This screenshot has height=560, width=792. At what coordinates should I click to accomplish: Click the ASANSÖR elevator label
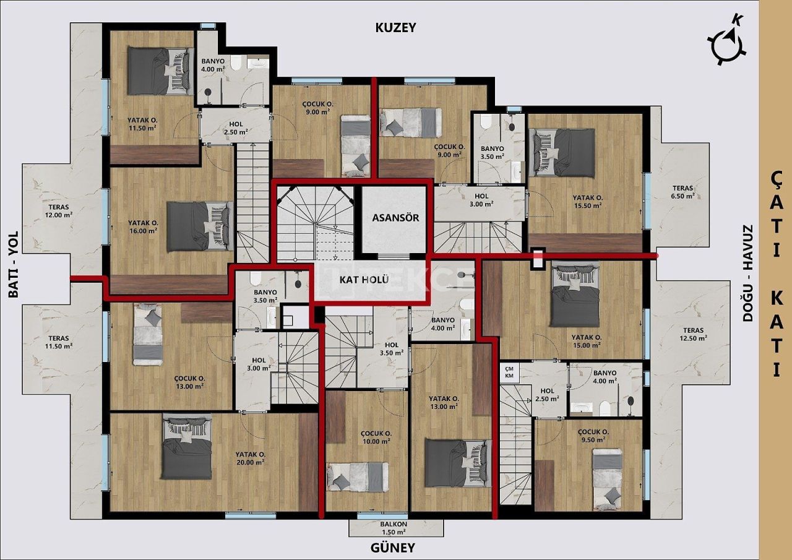click(396, 218)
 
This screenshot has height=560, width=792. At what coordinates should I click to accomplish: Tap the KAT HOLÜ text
click(364, 279)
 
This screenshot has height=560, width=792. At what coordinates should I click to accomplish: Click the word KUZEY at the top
click(396, 28)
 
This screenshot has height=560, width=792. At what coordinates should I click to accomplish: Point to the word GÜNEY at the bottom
click(392, 548)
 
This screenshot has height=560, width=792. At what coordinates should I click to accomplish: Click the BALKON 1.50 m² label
click(393, 527)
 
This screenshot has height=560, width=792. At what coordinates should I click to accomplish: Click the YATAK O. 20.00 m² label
click(250, 457)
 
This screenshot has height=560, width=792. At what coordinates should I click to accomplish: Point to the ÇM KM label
click(509, 372)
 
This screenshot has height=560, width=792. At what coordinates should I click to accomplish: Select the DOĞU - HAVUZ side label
click(748, 272)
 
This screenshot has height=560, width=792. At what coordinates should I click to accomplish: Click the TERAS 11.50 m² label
click(58, 342)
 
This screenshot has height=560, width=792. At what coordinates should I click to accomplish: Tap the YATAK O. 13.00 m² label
click(443, 402)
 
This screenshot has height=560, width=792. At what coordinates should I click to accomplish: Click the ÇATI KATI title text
click(776, 272)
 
